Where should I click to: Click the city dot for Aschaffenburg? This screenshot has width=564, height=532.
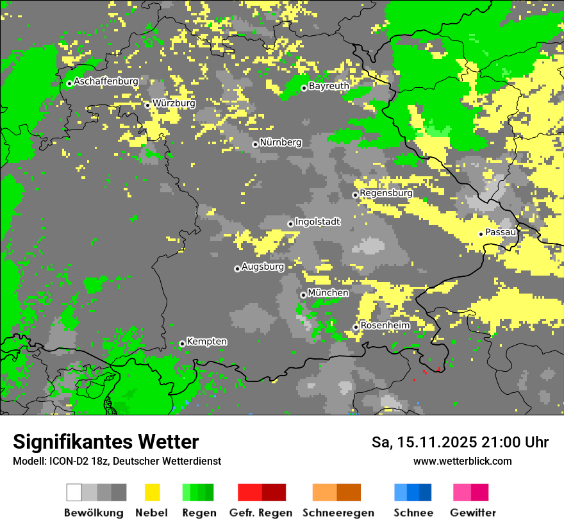(69, 83)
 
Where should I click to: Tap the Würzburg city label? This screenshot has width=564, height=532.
(174, 103)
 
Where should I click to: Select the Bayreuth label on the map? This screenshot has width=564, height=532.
(329, 86)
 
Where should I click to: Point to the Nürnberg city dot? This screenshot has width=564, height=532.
(255, 144)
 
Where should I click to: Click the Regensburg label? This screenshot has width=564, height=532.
(386, 193)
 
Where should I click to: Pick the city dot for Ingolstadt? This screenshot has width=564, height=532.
(290, 224)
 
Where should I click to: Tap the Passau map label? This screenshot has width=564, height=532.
(501, 232)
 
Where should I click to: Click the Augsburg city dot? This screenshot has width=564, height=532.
(237, 269)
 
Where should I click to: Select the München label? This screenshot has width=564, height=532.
(328, 293)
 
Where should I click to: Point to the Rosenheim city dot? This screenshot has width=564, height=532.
(356, 327)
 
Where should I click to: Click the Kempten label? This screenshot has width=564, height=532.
(206, 342)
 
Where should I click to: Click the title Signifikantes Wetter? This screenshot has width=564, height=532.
(106, 442)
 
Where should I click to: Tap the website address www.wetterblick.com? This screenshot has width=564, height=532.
(462, 461)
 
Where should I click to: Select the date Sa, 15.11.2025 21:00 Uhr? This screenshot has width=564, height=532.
(460, 442)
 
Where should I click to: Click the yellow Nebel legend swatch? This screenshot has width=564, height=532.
(153, 492)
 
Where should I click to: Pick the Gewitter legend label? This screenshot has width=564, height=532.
(473, 513)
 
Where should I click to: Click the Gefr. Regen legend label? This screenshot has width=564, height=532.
(260, 513)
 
